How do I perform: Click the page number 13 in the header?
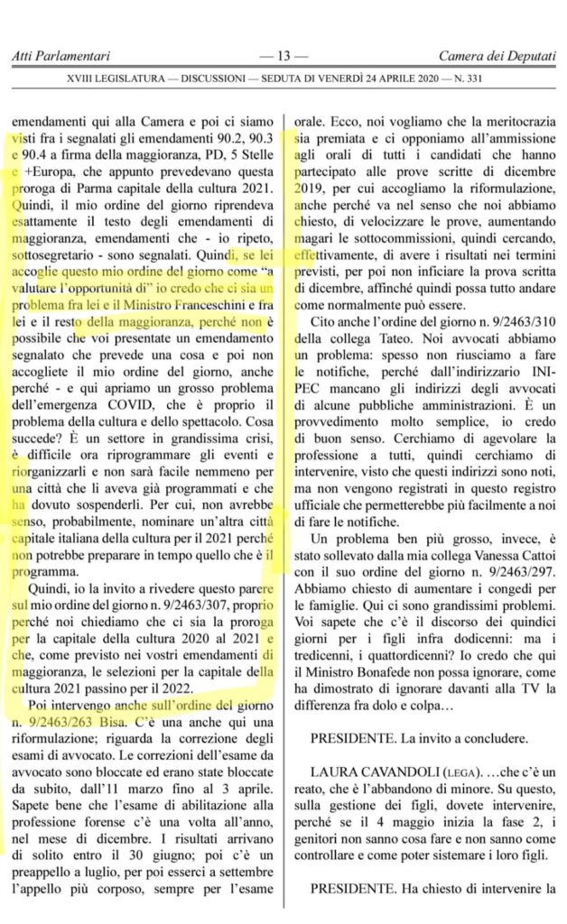[x=283, y=57]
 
